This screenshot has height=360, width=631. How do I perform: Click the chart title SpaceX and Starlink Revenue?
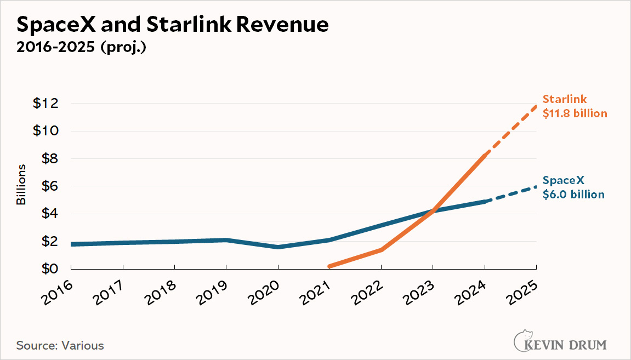coord(173,25)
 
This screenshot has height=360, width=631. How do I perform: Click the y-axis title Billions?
coord(21,184)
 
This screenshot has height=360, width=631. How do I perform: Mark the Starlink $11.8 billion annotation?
coord(575,106)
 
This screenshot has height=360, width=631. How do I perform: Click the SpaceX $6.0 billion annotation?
coord(573,187)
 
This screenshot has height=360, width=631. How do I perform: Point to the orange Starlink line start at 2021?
coord(329,266)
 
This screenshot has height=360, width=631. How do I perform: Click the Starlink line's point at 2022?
coord(381,249)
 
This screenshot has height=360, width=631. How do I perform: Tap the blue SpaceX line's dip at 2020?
coord(278,247)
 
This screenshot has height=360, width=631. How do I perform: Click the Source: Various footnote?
coord(60,346)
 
